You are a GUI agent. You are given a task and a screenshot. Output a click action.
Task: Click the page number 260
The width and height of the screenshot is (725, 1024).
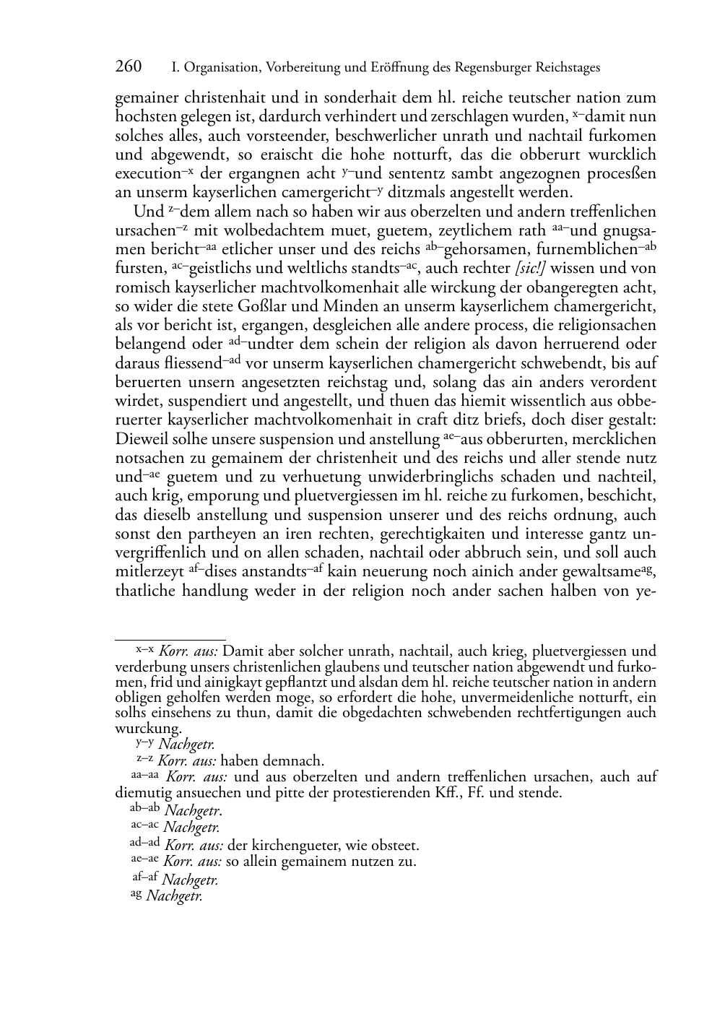point(129,67)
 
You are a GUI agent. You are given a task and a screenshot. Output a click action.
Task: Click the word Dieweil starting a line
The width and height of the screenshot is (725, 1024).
point(142,439)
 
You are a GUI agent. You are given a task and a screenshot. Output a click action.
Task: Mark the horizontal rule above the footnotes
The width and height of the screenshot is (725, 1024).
point(170,639)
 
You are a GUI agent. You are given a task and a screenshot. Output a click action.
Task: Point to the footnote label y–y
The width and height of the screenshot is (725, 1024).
point(144,742)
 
